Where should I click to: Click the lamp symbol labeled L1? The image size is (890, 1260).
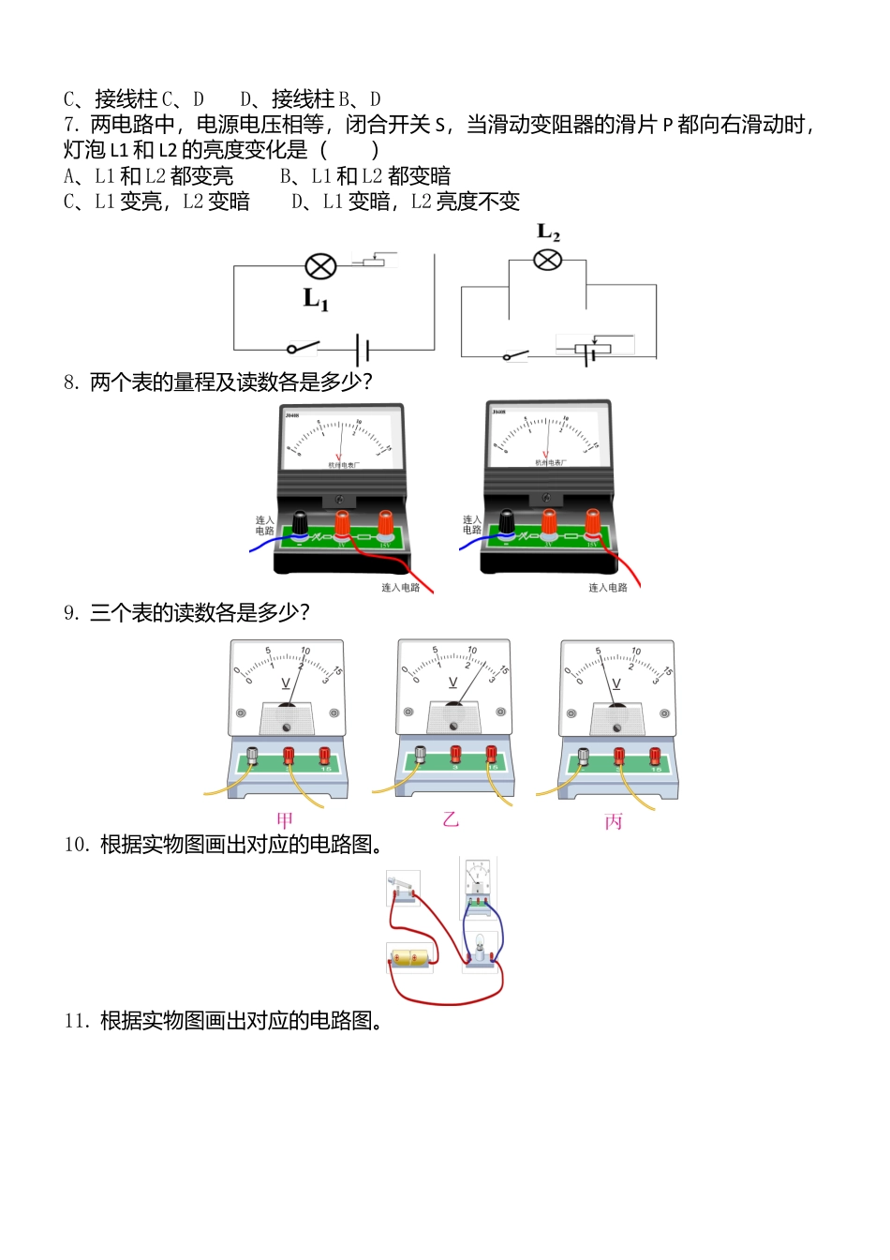321,266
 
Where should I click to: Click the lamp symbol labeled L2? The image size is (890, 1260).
547,259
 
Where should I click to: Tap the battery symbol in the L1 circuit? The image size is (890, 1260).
363,351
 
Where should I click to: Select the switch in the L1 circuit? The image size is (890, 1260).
303,348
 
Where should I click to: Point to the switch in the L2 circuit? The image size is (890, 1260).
515,355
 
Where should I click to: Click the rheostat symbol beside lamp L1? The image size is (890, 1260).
375,261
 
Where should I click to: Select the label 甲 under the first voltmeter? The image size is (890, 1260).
285,820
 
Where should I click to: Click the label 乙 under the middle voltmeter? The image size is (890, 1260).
451,819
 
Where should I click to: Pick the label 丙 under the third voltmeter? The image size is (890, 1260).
614,821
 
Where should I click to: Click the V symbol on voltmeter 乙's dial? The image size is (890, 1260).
453,682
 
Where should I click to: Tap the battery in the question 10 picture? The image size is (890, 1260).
412,958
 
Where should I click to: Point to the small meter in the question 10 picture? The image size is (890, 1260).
478,882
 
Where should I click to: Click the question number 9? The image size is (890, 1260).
71,613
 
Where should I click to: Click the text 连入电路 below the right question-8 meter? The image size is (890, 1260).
607,588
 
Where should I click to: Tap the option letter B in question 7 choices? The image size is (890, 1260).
286,176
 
